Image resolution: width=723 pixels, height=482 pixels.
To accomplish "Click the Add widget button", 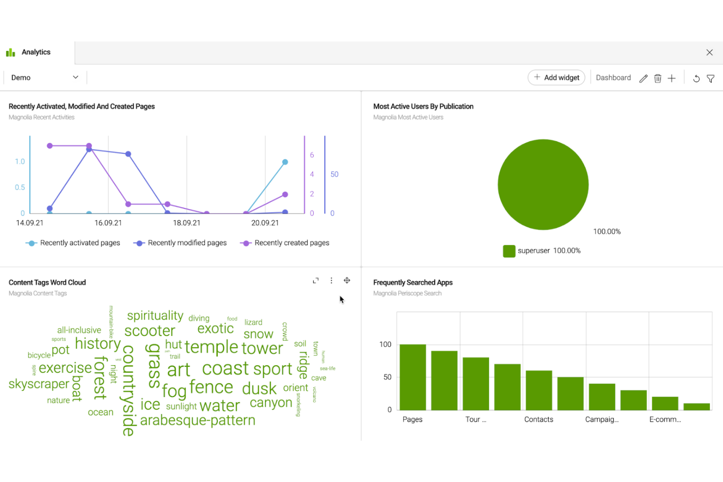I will [x=556, y=78].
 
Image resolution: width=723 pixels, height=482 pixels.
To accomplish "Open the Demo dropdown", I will [x=44, y=78].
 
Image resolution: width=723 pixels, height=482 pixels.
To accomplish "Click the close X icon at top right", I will [x=709, y=52].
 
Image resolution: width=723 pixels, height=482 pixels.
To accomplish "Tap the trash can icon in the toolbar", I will [x=658, y=78].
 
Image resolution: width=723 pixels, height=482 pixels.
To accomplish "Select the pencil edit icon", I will [x=643, y=78].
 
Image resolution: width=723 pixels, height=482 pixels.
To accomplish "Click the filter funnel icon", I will [x=711, y=78].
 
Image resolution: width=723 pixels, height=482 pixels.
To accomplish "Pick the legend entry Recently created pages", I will [x=292, y=243].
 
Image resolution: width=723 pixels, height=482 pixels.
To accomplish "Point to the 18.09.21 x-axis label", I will [x=187, y=223].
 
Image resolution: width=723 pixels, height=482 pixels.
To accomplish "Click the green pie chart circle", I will [x=543, y=185].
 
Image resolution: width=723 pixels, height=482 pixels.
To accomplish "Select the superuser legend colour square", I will [x=509, y=251].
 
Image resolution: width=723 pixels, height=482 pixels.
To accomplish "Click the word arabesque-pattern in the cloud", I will [x=197, y=420].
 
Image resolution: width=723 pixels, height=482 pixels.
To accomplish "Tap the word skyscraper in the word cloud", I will [x=39, y=384].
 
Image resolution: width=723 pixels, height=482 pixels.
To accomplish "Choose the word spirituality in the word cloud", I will [x=155, y=315].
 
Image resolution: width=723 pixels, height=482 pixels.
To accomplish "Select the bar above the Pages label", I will [x=413, y=377].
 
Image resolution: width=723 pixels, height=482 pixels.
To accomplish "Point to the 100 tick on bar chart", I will [x=385, y=344].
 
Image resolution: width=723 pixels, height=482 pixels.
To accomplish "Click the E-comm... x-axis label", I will [x=665, y=419].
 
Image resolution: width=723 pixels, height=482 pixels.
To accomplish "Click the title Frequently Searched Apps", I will [x=413, y=282].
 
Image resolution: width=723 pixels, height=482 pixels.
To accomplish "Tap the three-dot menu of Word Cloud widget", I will [x=331, y=280].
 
